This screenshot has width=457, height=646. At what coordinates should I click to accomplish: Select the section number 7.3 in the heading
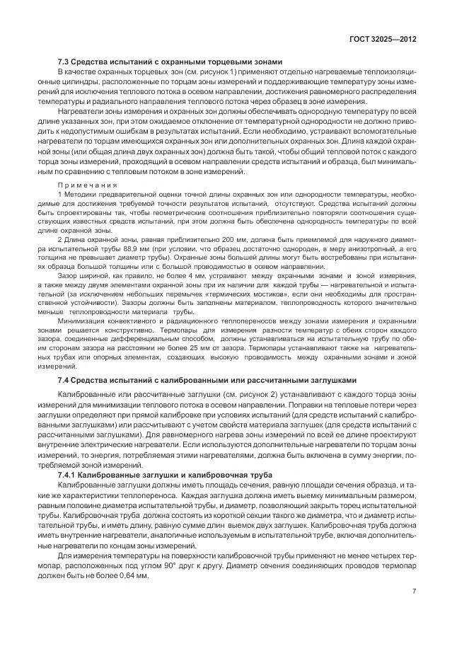tap(64, 62)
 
